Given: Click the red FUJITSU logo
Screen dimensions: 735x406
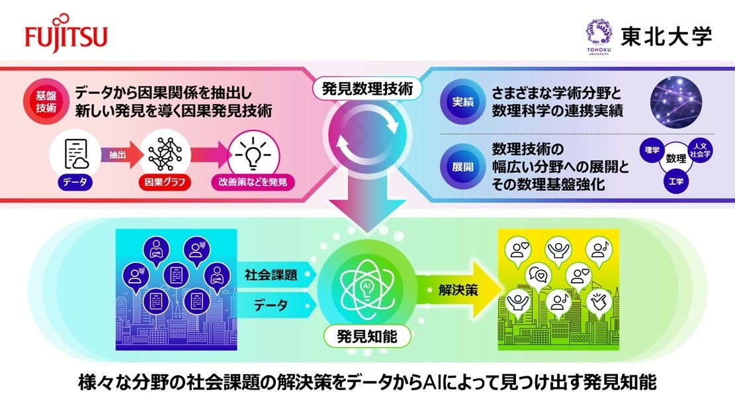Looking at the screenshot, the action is click(66, 36).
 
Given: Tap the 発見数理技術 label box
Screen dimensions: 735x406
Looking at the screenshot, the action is click(367, 88).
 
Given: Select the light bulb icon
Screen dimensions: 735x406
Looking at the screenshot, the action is click(252, 154).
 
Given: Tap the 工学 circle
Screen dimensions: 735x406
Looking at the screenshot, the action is click(676, 181).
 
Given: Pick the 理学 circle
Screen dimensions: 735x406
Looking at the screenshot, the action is click(652, 150).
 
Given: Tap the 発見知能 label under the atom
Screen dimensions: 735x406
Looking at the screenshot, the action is click(367, 336).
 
